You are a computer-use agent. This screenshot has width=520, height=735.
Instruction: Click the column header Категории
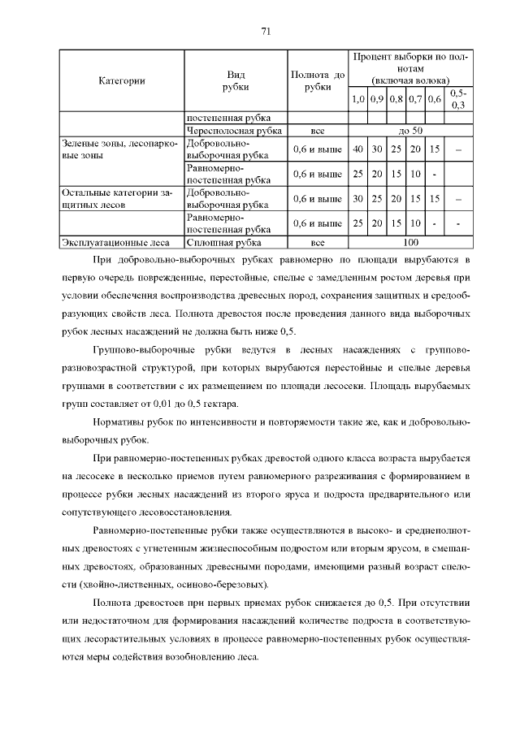click(122, 80)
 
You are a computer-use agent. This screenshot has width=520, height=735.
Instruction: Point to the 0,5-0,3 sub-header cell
click(457, 99)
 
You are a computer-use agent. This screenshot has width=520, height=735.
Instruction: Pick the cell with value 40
click(357, 149)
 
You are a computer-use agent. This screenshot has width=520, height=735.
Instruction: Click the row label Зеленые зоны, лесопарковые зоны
click(119, 149)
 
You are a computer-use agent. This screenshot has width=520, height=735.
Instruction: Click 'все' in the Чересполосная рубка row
click(318, 130)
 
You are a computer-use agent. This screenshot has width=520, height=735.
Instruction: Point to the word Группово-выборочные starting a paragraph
click(141, 349)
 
